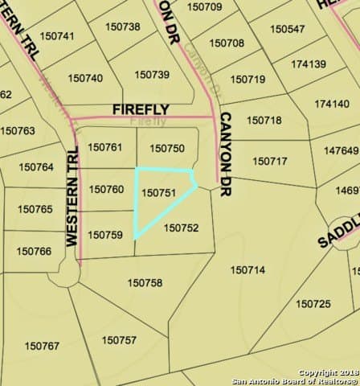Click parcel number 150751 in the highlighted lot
tap(158, 193)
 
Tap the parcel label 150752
tap(181, 228)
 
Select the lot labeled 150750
tap(167, 149)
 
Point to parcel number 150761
tap(105, 147)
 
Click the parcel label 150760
tap(106, 190)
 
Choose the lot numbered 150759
tap(104, 235)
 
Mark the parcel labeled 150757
tap(119, 340)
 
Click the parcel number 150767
tap(42, 346)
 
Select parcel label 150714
tap(247, 270)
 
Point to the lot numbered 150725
tap(313, 303)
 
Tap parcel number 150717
tap(270, 161)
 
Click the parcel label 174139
tap(309, 64)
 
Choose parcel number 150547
tap(287, 29)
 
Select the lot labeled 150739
tap(152, 74)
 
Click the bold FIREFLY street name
tap(140, 108)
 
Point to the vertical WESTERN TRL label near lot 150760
tap(71, 198)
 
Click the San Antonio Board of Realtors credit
tap(292, 380)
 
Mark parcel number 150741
tap(56, 36)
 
